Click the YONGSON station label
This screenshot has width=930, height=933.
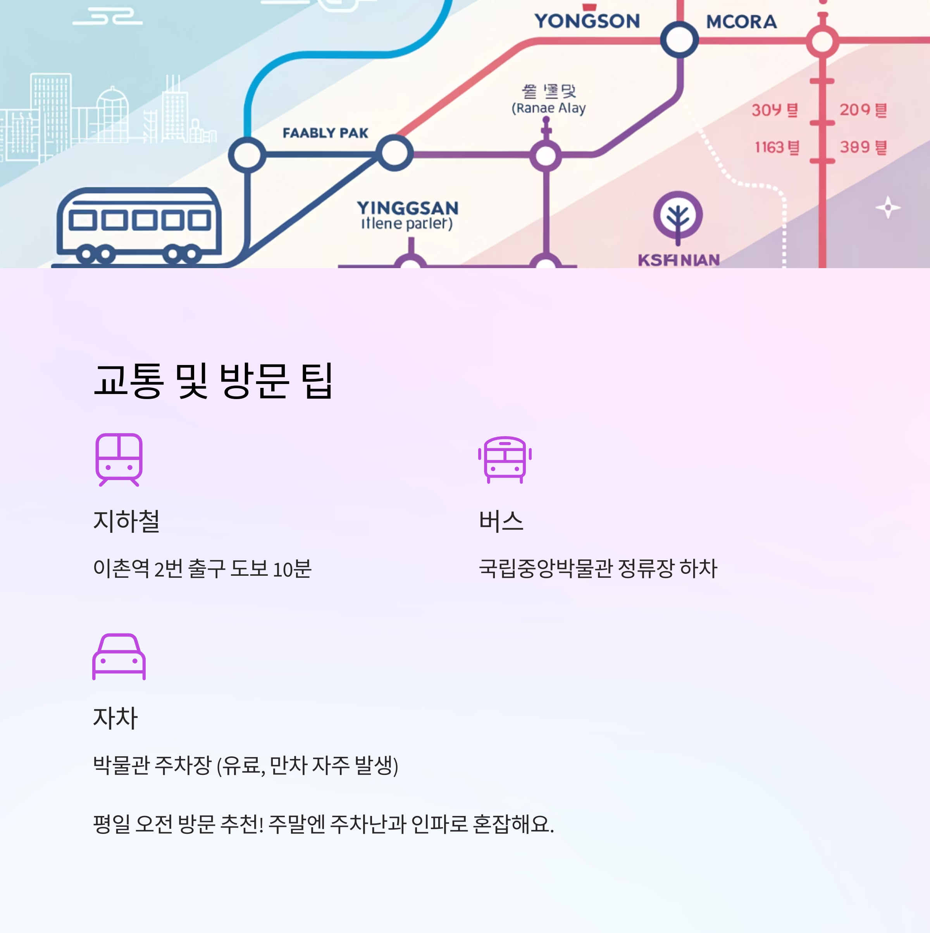coord(587,21)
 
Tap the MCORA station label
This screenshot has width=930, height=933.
coord(741,22)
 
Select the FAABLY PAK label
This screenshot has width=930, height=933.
coord(325,133)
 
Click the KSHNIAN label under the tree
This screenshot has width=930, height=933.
coord(679,260)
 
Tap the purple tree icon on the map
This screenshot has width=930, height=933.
coord(678,216)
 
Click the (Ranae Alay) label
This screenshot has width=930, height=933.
coord(549,108)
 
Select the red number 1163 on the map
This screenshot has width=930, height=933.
coord(769,147)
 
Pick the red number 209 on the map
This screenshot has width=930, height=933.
coord(855,110)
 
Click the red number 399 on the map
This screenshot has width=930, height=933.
coord(855,147)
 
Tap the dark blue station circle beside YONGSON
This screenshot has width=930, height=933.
coord(679,40)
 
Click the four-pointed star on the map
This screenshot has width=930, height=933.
coord(887,208)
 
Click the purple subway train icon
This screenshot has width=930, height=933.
coord(119,459)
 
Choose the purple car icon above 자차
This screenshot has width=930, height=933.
coord(119,656)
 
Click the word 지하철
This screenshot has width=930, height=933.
coord(126,521)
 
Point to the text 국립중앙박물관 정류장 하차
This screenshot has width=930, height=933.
coord(598,568)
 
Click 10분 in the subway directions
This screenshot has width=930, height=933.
coord(292,569)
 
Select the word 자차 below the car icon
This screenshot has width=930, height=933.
coord(115,718)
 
